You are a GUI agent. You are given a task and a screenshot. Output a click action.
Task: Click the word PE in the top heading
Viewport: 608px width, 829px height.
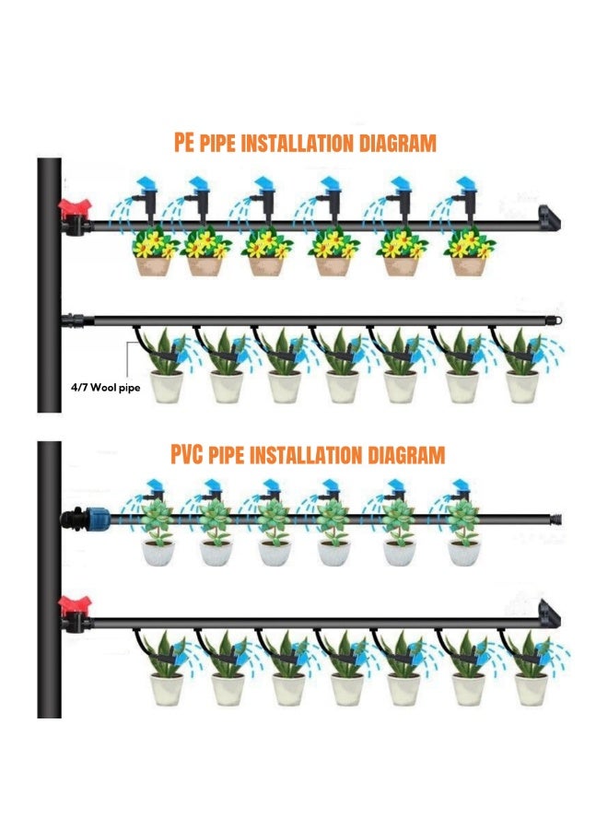[184, 143]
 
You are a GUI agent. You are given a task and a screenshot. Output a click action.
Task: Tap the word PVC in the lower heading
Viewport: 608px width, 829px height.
[186, 455]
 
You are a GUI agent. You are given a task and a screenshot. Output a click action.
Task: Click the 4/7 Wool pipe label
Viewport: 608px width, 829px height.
[106, 388]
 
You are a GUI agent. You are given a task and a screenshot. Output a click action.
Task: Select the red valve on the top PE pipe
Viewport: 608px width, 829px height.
[75, 207]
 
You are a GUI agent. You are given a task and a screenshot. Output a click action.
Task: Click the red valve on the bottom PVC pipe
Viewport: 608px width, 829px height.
[75, 605]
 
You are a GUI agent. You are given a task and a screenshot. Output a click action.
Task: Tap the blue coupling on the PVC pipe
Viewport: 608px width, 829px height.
[99, 518]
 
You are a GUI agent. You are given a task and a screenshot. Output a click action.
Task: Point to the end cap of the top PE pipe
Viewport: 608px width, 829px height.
[549, 217]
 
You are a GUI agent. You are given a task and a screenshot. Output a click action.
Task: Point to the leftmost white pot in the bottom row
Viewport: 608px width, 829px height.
[167, 689]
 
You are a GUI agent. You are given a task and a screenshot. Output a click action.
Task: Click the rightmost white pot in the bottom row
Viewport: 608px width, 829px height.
[532, 689]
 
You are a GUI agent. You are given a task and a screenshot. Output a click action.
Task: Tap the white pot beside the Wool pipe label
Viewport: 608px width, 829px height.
[167, 387]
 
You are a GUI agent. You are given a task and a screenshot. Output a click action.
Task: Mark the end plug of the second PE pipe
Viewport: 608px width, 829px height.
[555, 321]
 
